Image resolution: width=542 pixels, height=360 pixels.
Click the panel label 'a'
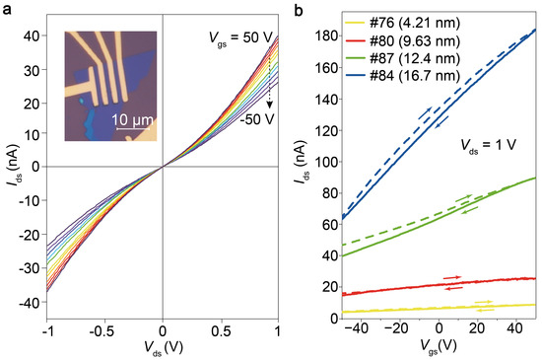[x=6, y=9]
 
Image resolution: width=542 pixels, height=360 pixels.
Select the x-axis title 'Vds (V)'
[x=163, y=350]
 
